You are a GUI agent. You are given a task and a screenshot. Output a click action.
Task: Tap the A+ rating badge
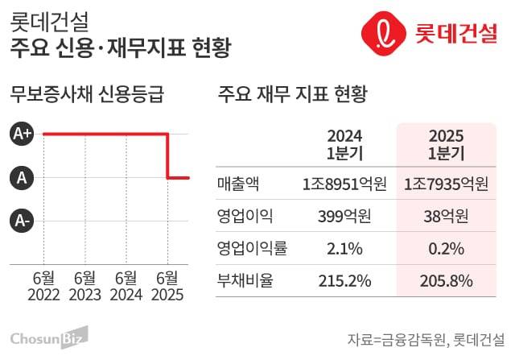coord(23,134)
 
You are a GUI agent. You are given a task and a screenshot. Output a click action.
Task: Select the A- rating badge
coord(23,219)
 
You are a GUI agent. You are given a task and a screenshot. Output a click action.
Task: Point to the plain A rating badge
coord(23,177)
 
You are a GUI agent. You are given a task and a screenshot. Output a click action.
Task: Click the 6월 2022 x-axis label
coord(43,286)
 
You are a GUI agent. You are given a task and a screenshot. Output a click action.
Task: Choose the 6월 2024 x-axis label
coord(126,286)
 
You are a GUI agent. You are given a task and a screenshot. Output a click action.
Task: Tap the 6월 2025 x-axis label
coord(167,286)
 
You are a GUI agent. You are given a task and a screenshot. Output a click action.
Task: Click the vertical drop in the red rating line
coord(167,155)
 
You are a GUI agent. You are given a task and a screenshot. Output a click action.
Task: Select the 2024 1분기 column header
coord(345,143)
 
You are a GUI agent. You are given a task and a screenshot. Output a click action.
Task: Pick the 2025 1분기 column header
coord(446,143)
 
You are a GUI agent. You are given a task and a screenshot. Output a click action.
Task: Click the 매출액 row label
coord(238,184)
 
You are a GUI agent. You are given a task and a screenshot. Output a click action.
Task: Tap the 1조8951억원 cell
coord(345,184)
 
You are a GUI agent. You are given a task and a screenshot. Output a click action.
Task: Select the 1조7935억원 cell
coord(446,184)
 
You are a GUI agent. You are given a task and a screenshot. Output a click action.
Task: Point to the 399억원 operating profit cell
coord(345,216)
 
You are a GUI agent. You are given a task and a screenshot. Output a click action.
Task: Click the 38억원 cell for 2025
coord(446,216)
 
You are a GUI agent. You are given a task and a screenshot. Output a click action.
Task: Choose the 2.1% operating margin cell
coord(345,248)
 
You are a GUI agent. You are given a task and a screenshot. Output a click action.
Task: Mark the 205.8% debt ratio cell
coord(446,280)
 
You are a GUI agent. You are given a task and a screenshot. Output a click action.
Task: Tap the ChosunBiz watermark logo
coord(48,336)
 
